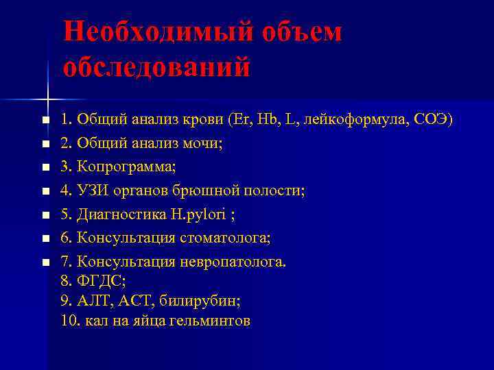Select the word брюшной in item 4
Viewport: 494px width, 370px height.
pyautogui.click(x=213, y=190)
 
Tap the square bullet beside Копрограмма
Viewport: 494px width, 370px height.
pyautogui.click(x=45, y=168)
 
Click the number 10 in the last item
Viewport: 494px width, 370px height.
pyautogui.click(x=68, y=320)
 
